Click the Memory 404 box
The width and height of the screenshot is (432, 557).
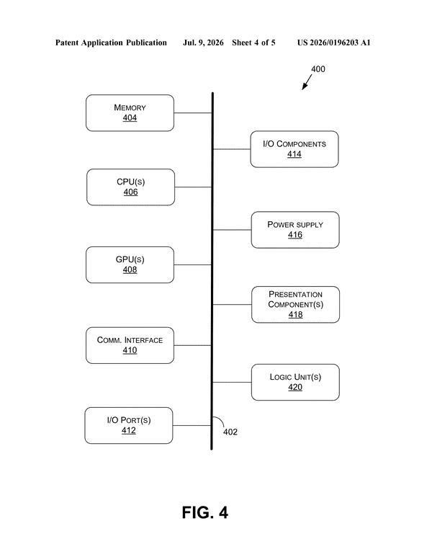pyautogui.click(x=130, y=113)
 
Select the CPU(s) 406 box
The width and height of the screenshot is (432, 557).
pyautogui.click(x=130, y=187)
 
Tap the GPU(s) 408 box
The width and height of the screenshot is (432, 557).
pyautogui.click(x=130, y=265)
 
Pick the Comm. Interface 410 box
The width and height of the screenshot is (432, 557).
pyautogui.click(x=130, y=345)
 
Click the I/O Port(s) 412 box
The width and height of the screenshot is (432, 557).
pyautogui.click(x=129, y=426)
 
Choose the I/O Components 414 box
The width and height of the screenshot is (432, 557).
pyautogui.click(x=294, y=149)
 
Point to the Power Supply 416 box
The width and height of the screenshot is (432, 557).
pyautogui.click(x=295, y=230)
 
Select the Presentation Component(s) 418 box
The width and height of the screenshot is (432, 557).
pyautogui.click(x=295, y=304)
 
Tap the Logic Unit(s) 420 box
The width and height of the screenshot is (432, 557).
pyautogui.click(x=295, y=382)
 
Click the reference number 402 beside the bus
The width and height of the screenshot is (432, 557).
pyautogui.click(x=230, y=432)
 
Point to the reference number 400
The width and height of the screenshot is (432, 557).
pyautogui.click(x=318, y=69)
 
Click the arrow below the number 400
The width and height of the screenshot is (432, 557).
pyautogui.click(x=307, y=82)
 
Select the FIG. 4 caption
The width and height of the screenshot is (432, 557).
pyautogui.click(x=204, y=512)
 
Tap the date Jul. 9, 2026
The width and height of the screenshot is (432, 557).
pyautogui.click(x=203, y=43)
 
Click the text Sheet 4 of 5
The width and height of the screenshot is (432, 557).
pyautogui.click(x=253, y=43)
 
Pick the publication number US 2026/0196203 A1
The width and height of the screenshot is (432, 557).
pyautogui.click(x=333, y=43)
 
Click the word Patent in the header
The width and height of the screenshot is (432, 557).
pyautogui.click(x=67, y=43)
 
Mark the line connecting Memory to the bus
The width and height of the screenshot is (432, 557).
pyautogui.click(x=193, y=113)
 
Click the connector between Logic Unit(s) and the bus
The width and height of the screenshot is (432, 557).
pyautogui.click(x=232, y=382)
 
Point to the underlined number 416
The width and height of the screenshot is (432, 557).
pyautogui.click(x=295, y=235)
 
